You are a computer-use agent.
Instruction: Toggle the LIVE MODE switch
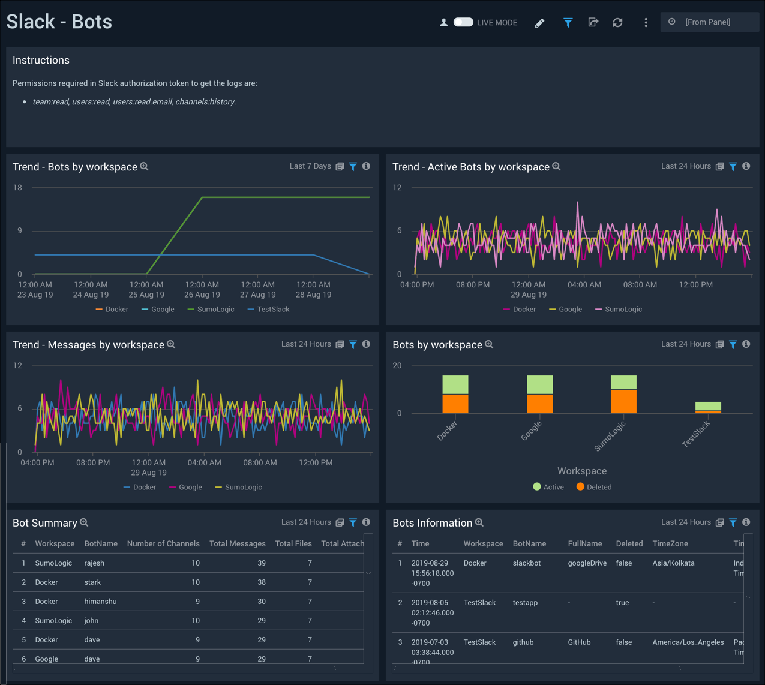coord(463,22)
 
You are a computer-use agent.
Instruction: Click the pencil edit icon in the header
coord(539,23)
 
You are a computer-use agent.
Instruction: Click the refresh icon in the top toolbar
coord(617,22)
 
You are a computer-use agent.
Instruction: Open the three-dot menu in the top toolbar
coord(646,22)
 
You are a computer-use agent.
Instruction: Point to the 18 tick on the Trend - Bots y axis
coord(18,188)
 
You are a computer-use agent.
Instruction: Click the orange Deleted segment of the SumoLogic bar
coord(623,401)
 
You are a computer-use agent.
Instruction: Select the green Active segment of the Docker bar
coord(455,384)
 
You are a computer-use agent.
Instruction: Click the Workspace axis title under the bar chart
coord(581,471)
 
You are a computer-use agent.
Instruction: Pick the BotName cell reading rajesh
coord(94,563)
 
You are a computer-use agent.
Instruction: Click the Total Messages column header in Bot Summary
coord(237,544)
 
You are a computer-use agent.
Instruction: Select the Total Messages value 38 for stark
coord(261,582)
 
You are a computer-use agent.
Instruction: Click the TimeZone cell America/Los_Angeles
coord(688,642)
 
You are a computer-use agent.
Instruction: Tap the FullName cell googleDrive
coord(587,563)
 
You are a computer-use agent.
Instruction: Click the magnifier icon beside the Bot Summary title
coord(84,522)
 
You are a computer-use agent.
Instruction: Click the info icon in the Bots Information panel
coord(746,522)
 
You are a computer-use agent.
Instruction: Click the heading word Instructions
coord(41,61)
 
